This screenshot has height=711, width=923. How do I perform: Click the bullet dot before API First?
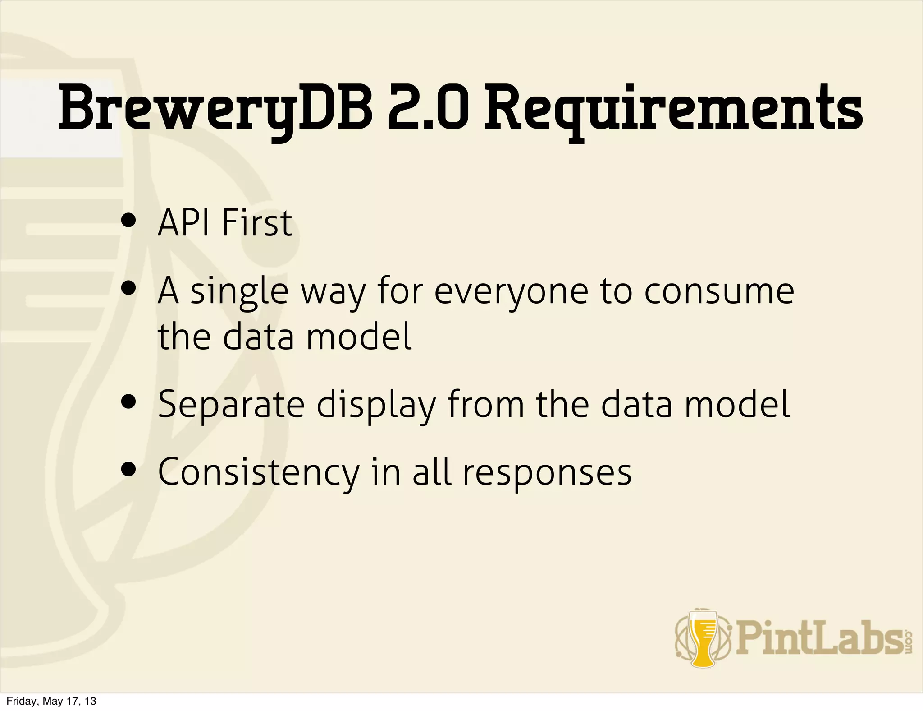coord(129,222)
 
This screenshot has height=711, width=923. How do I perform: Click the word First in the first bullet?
coord(257,223)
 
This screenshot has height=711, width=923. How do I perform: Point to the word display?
coord(376,404)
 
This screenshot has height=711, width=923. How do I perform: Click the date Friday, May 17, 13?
coord(51,701)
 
